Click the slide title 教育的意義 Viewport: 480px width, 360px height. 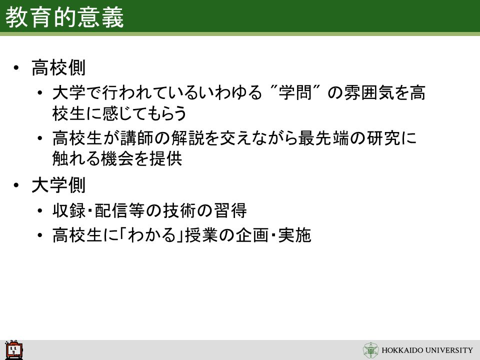[64, 17]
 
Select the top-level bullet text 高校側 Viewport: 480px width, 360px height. [58, 67]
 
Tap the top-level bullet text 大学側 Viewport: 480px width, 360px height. [58, 185]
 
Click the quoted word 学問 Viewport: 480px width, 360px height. [295, 92]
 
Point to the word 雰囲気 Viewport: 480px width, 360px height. [369, 92]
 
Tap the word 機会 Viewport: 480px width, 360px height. [116, 158]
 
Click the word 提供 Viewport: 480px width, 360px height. [165, 158]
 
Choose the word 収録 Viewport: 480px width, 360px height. [69, 210]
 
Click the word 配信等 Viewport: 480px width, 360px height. [119, 210]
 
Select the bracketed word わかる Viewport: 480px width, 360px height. [152, 235]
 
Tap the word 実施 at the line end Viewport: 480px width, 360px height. [295, 235]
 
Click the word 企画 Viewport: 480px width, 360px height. [252, 235]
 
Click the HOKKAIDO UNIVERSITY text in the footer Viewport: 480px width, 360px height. [427, 350]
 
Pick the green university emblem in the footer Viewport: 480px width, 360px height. [370, 350]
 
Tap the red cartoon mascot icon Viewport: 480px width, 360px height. [14, 350]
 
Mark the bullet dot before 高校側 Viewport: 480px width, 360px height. [16, 67]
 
